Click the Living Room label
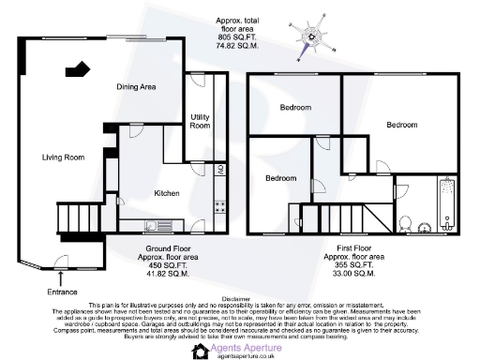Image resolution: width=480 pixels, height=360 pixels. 63,157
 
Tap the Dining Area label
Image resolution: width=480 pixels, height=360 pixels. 135,86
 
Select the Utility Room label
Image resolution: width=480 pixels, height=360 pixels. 200,120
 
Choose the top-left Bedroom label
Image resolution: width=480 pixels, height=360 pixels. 294,108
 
